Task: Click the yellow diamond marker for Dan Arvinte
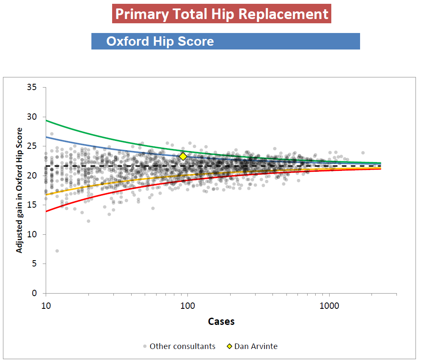tap(183, 157)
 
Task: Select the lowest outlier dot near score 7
tap(57, 251)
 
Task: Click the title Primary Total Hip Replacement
tap(221, 14)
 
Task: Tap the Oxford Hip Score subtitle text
tap(160, 41)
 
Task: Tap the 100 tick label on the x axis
tap(187, 306)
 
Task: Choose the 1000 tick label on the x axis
tap(329, 306)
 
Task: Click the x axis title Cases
tap(221, 322)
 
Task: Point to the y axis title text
tap(19, 190)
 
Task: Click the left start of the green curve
tap(47, 121)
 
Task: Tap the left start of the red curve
tap(47, 211)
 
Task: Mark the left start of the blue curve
tap(47, 137)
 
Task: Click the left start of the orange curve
tap(47, 194)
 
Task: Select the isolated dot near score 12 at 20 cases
tap(88, 221)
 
